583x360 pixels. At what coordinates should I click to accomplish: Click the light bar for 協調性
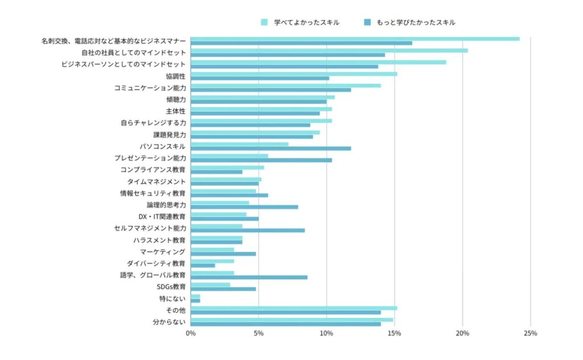294,74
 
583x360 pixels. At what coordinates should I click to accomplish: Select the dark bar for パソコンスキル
271,149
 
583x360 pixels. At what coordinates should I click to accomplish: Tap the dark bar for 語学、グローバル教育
249,277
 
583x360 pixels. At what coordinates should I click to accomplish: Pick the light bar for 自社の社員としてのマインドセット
329,51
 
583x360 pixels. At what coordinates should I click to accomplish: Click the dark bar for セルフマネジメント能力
248,231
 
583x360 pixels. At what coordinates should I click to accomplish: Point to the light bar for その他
294,308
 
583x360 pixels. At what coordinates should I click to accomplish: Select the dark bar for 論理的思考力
244,207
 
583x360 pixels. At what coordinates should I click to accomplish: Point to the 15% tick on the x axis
394,333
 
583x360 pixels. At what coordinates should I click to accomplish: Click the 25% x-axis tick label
530,333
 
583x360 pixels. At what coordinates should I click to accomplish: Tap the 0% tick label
191,333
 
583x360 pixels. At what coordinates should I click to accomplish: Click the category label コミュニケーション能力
150,88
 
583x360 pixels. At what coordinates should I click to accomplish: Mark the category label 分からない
169,322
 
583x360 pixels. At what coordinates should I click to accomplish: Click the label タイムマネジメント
157,181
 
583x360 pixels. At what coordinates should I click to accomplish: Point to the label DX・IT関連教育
162,216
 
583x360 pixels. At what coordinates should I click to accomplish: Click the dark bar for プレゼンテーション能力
261,161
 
